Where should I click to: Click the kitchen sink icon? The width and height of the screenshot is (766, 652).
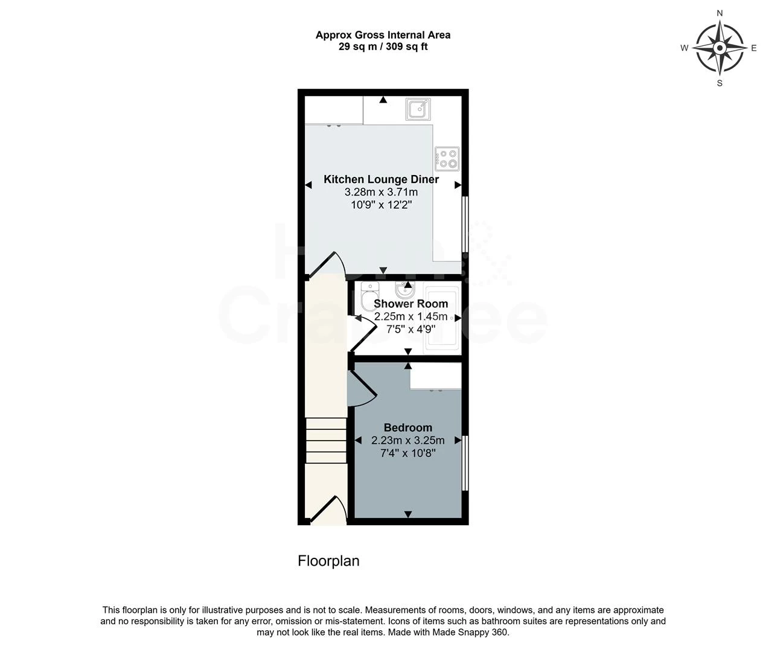(x=418, y=109)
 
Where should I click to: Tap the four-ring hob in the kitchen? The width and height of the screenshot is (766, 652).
(x=447, y=158)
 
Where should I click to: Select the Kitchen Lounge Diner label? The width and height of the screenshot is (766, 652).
(x=381, y=179)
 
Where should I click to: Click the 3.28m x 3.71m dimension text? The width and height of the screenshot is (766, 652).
(x=381, y=193)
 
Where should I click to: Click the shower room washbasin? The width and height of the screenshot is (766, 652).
(x=399, y=290)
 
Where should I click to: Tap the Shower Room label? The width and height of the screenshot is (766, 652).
(x=410, y=304)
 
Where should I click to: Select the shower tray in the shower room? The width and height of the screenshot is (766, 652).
(x=441, y=318)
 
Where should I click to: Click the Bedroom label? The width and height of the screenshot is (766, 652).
(x=408, y=428)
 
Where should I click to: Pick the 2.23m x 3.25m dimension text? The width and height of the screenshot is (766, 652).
(x=408, y=441)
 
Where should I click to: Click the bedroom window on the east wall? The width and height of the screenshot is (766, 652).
(x=465, y=462)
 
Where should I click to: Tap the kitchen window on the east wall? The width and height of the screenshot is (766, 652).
(x=465, y=223)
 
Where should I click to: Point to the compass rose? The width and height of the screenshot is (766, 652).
(x=719, y=48)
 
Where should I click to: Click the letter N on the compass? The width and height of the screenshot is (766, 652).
(x=720, y=13)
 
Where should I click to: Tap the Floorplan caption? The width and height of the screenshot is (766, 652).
(x=328, y=561)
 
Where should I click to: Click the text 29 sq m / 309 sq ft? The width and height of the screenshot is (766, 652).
(x=383, y=46)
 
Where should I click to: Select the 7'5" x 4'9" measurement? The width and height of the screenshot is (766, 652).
(x=410, y=329)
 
